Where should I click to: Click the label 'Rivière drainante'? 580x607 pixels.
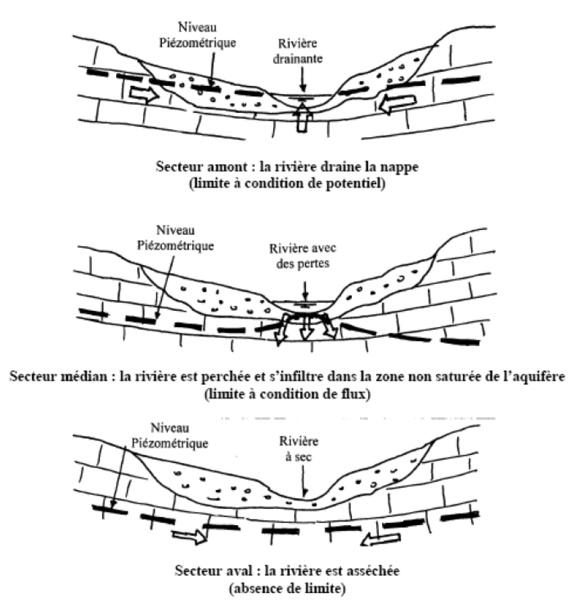coord(298,51)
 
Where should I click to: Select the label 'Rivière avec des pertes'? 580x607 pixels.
coord(302,256)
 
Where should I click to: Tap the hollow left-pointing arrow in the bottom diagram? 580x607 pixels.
coord(380,539)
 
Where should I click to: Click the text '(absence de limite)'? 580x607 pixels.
coord(287,589)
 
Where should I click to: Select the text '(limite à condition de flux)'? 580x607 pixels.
coord(287,394)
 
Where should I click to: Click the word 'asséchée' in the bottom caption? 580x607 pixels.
coord(376,571)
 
